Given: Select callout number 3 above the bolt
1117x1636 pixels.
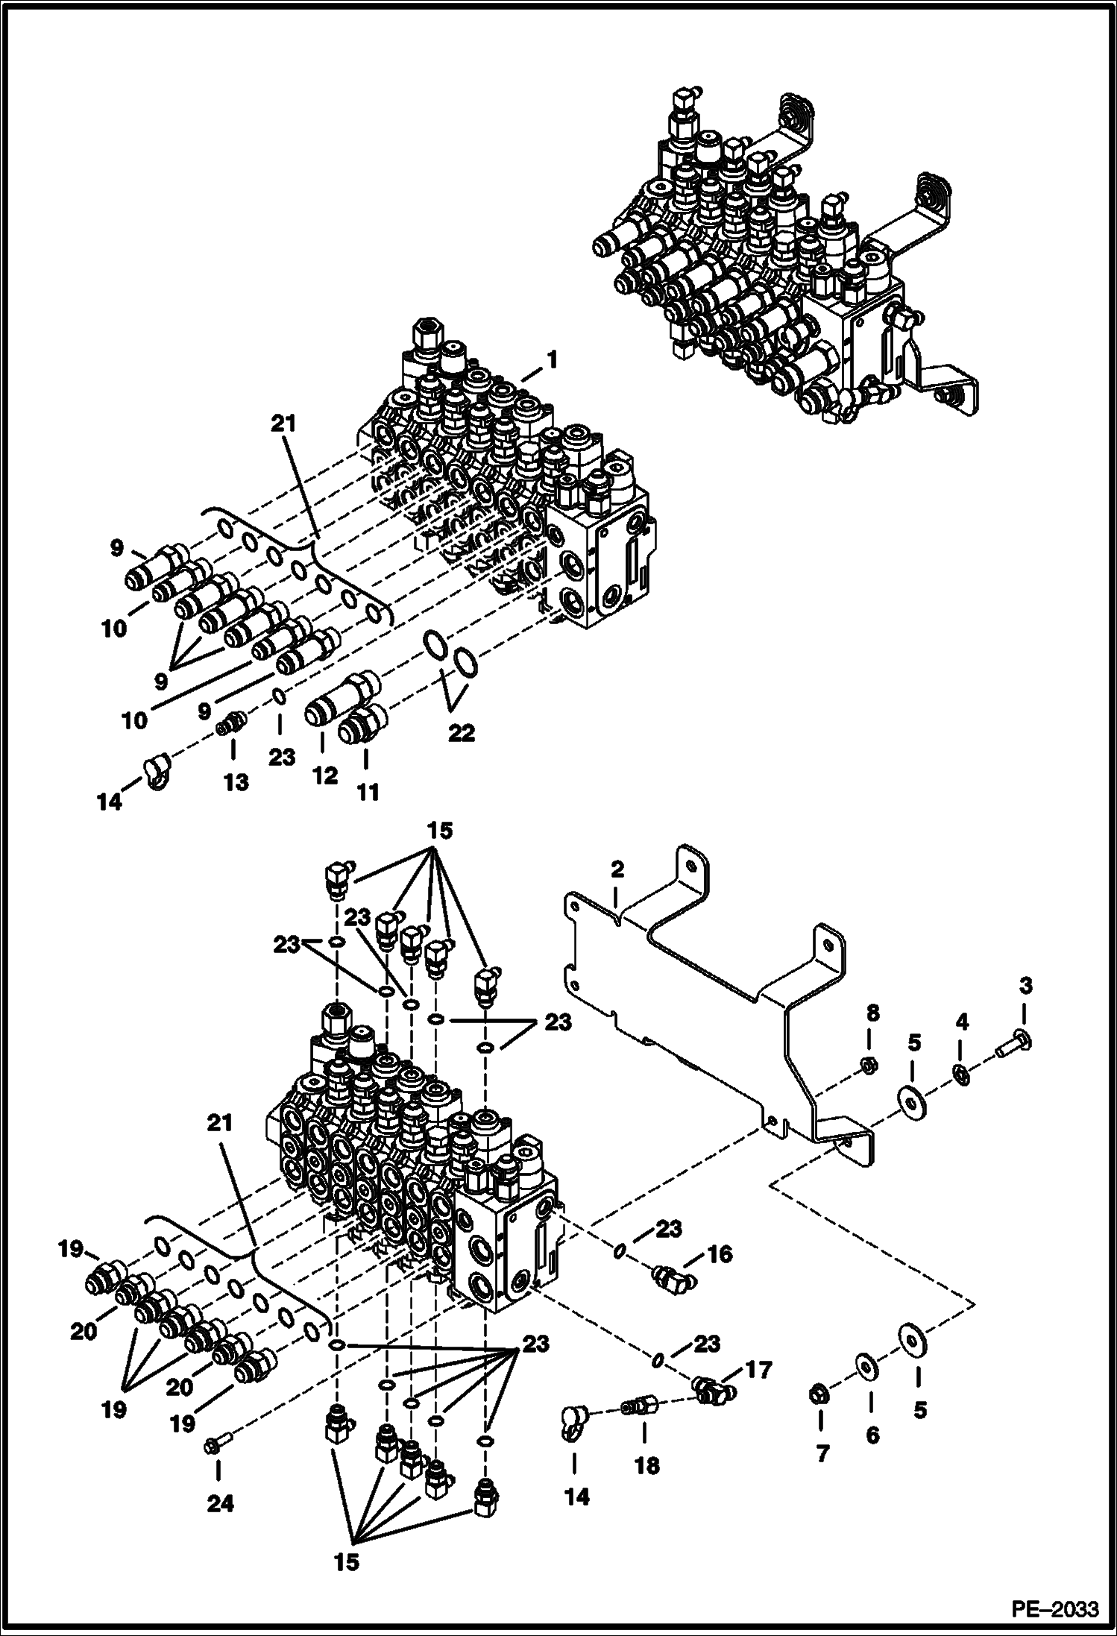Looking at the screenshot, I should tap(1026, 986).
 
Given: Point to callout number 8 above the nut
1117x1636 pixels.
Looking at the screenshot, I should tap(872, 1013).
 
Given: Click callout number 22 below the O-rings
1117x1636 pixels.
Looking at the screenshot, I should tap(461, 733).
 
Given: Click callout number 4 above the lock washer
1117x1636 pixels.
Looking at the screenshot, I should tap(962, 1022).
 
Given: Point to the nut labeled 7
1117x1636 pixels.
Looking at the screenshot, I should tap(818, 1392).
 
